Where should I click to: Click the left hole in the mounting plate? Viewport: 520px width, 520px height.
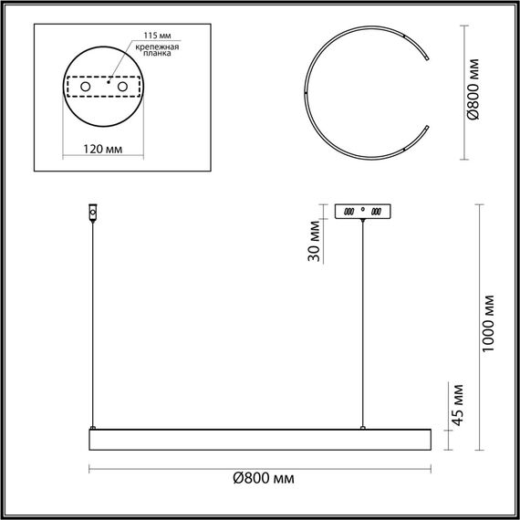(x=86, y=86)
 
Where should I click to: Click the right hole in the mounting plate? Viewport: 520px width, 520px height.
(x=120, y=86)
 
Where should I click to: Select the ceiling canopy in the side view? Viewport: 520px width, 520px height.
(x=363, y=211)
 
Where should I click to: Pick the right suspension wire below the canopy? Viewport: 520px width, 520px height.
(x=363, y=319)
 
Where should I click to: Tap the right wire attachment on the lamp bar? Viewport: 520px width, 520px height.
(x=363, y=425)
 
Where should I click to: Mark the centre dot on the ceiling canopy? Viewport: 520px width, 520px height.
(x=363, y=210)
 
